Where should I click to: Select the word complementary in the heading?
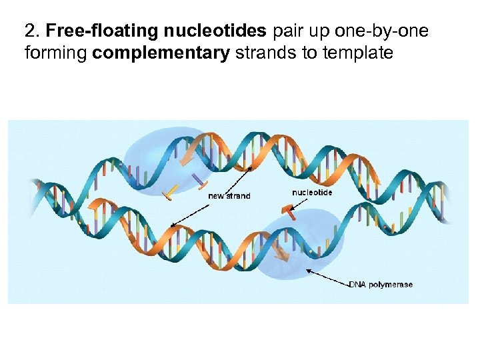point(161,53)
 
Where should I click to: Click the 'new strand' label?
point(229,196)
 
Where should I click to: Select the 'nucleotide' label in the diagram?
point(312,193)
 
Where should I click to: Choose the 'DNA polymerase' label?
point(381,285)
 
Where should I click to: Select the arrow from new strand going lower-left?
point(196,212)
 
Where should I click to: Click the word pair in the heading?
point(288,31)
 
